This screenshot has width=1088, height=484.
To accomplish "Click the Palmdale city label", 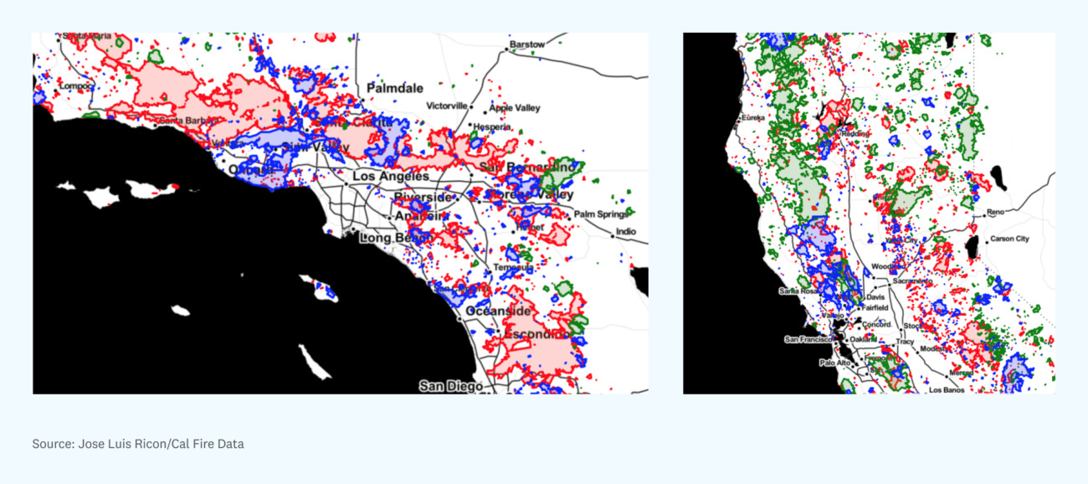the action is click(x=395, y=88).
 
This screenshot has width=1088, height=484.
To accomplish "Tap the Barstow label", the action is click(x=527, y=44).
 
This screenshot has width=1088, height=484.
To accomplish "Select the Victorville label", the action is click(x=447, y=106).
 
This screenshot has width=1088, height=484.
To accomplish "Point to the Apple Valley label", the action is click(x=515, y=108).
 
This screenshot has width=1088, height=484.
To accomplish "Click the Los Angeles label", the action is click(x=391, y=178).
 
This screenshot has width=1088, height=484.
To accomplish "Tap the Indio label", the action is click(x=626, y=232).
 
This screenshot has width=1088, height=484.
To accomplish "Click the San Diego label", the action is click(x=451, y=386).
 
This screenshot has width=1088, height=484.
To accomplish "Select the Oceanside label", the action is click(x=498, y=312).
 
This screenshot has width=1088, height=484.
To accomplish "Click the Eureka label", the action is click(x=752, y=118).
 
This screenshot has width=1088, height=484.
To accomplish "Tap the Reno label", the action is click(x=995, y=213).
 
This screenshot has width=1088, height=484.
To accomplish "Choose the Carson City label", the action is click(x=1009, y=239).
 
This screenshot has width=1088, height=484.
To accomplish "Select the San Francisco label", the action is click(x=808, y=339).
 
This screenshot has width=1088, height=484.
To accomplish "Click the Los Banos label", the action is click(x=946, y=389).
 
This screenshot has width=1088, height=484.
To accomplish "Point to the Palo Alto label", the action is click(x=834, y=363).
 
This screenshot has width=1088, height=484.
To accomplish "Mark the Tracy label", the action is click(x=906, y=342).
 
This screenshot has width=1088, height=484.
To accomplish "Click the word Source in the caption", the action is click(x=52, y=444).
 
